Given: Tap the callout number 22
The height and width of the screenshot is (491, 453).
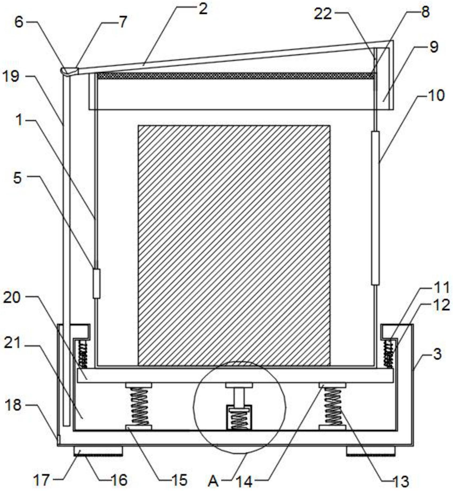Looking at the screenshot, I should [323, 14].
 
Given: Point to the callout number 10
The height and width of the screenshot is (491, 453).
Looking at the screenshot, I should [436, 95].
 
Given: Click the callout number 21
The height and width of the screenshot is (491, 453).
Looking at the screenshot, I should [12, 343].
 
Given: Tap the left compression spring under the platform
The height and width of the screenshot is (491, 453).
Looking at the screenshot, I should [139, 406].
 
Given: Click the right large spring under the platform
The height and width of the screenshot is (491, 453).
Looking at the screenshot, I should [332, 406].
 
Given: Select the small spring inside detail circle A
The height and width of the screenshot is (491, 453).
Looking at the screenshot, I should [239, 420].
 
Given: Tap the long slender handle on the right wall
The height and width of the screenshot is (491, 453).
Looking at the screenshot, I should [375, 208].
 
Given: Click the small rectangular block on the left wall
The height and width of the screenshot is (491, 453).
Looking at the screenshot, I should [97, 284].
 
